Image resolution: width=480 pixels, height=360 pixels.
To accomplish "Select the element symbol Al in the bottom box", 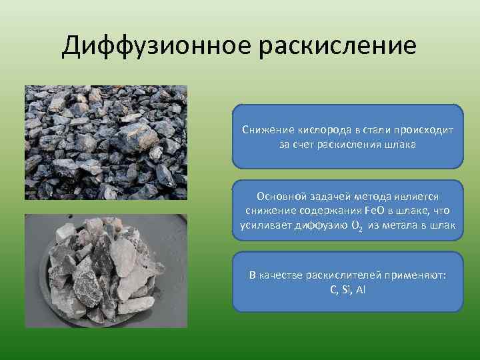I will tap(361, 289).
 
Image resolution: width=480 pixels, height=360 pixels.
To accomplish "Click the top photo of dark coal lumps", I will tap(106, 142).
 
